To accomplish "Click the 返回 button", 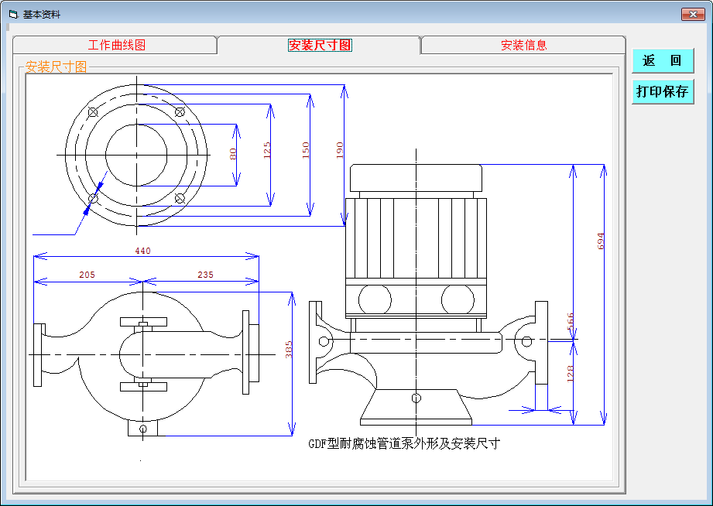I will [662, 60].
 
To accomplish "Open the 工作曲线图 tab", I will [116, 45].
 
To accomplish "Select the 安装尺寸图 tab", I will [320, 45].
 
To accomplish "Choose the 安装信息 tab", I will [523, 45].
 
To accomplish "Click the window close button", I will [692, 14].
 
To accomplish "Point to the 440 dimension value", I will [143, 251].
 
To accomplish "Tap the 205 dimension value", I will [87, 275].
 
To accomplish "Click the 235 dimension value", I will [205, 275].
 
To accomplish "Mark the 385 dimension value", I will [290, 350].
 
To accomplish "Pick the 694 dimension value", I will [601, 241].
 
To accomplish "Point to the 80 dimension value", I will [233, 154].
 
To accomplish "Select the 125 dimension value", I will [267, 150].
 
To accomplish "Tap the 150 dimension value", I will [305, 150].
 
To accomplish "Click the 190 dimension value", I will [339, 150].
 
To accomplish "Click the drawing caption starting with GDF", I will [404, 444].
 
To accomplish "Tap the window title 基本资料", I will [41, 14].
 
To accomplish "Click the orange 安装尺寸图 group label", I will [57, 67].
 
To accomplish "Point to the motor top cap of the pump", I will [416, 179].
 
